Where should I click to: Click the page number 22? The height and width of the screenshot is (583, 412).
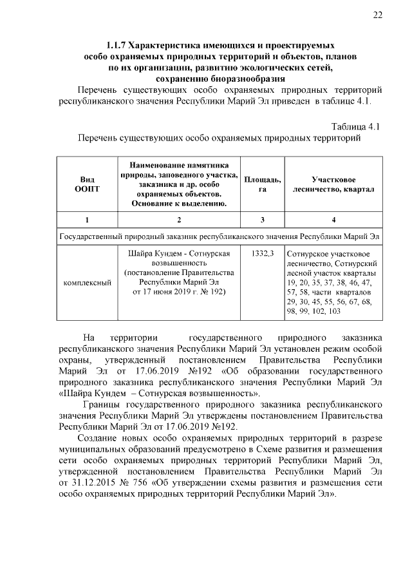pos(378,15)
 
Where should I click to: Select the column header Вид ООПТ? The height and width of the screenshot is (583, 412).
pos(87,184)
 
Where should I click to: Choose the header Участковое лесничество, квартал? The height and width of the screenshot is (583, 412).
pos(333,184)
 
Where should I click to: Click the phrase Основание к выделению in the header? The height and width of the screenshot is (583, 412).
pos(178,204)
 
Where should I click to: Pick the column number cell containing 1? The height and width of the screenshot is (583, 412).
pos(87,220)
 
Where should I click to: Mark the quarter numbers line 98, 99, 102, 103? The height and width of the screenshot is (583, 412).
pos(314,311)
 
